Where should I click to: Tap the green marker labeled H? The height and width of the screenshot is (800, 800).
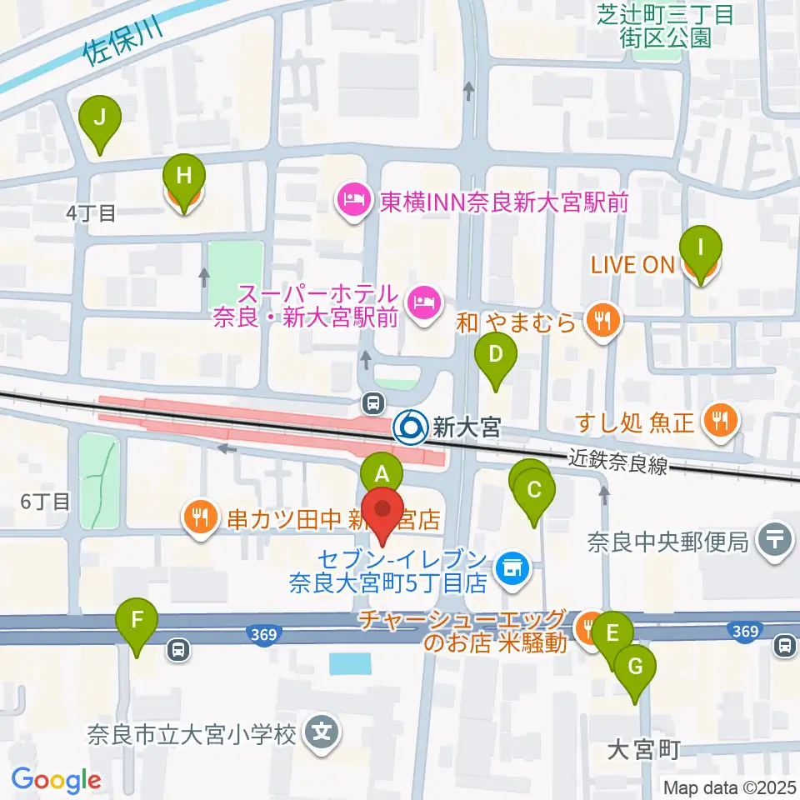[184, 177]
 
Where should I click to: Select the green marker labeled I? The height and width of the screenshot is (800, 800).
[700, 249]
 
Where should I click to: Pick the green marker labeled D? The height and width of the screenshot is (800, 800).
[495, 357]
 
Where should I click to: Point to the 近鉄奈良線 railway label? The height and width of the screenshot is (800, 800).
[618, 462]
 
